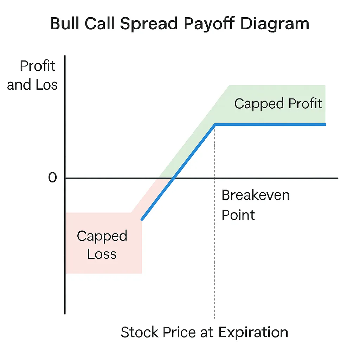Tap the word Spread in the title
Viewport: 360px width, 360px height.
149,24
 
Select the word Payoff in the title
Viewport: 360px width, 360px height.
209,24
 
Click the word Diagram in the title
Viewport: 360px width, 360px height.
275,24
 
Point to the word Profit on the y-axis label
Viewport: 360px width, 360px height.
37,66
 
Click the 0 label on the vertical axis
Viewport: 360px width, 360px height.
52,178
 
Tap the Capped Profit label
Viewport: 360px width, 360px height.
278,104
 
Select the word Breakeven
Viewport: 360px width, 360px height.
256,195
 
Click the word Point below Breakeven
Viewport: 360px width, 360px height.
238,215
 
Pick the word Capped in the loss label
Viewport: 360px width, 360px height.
102,236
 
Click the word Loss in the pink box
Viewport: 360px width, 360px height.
102,254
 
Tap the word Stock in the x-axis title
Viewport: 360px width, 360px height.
139,332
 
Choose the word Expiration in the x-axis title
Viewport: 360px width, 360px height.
253,333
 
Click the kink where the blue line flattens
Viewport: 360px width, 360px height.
215,125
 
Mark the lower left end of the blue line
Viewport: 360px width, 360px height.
142,219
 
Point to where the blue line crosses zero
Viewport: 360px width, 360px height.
174,178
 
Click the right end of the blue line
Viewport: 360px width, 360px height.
325,125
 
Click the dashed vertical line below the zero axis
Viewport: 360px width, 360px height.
215,249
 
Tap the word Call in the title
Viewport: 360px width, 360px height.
99,23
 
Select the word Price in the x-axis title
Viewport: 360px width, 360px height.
179,332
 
